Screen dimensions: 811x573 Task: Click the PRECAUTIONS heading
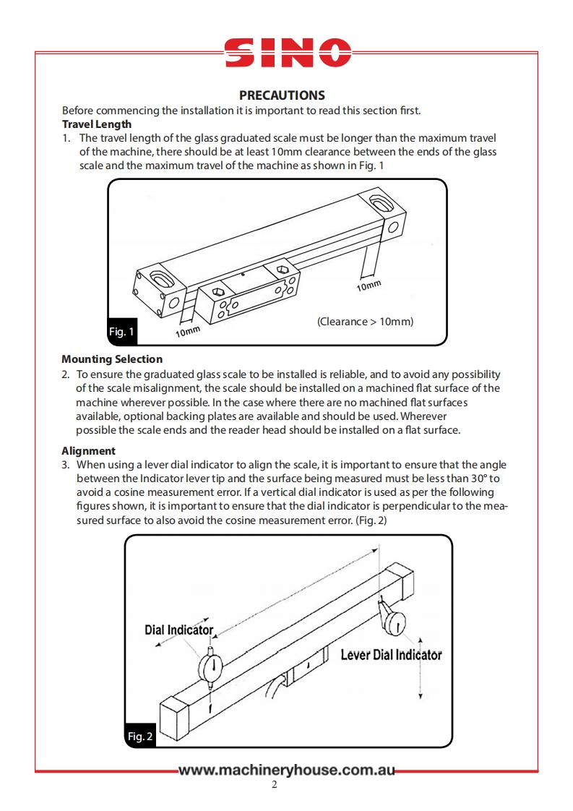282,95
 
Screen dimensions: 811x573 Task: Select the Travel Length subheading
97,124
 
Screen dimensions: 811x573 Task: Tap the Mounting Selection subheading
112,359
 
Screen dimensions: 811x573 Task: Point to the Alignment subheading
88,451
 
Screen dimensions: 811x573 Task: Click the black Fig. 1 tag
121,332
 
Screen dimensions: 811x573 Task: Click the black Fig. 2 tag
140,737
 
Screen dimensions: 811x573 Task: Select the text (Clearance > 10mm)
365,321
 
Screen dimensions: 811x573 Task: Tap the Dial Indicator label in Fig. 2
179,630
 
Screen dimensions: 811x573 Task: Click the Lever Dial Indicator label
390,655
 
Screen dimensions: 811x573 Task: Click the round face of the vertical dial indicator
211,669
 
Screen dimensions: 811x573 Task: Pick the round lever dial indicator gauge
396,622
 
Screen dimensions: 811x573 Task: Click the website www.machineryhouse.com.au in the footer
287,771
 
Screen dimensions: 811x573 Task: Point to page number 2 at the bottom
275,786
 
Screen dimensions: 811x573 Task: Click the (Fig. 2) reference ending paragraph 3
374,520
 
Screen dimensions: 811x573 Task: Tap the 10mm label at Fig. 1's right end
369,286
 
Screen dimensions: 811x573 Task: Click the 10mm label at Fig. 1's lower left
187,330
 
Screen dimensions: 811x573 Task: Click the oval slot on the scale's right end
377,198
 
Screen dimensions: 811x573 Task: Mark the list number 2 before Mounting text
65,374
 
